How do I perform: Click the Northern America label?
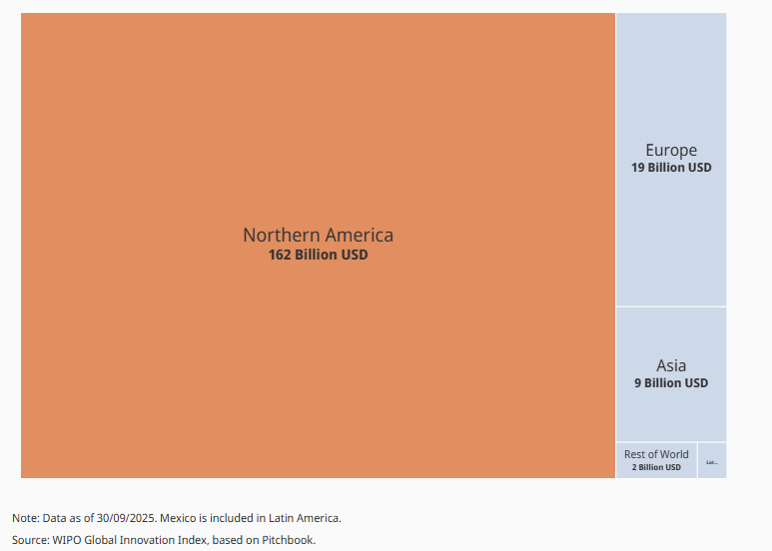coord(318,236)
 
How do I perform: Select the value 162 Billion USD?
coord(318,256)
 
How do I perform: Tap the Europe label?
coord(671,151)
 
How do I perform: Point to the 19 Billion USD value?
coord(671,168)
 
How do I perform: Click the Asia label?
coord(671,365)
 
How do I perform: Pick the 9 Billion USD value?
coord(671,383)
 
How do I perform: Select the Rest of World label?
coord(656,454)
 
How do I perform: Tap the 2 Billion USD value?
coord(656,467)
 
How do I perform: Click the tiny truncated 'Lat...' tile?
coord(712,461)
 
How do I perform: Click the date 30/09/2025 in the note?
coord(125,518)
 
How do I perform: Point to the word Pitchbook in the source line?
coord(288,540)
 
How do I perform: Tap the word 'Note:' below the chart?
coord(26,518)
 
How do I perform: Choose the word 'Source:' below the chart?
coord(31,540)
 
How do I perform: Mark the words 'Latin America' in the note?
coord(307,518)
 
